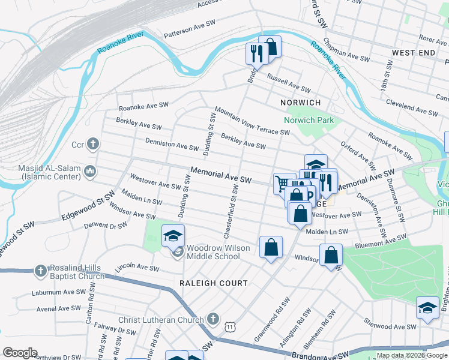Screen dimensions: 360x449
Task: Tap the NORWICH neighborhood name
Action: [301, 103]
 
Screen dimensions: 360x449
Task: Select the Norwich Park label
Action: [309, 120]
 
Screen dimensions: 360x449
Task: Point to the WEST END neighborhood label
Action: [413, 53]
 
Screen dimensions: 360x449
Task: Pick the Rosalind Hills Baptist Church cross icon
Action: [40, 271]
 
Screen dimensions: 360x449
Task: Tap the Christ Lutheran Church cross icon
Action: [212, 319]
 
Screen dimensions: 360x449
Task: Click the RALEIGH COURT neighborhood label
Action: [213, 283]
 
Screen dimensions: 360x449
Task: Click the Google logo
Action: [20, 353]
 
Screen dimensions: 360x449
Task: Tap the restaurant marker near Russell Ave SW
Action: [255, 53]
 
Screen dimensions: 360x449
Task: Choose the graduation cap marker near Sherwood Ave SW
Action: [427, 308]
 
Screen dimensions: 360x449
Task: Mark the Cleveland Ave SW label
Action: [412, 108]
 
